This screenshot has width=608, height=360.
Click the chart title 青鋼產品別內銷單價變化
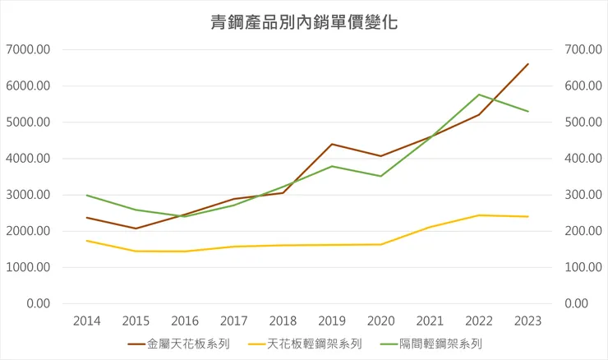pos(304,22)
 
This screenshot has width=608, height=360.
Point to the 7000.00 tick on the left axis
pos(29,49)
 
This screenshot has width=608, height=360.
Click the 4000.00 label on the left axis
pos(29,159)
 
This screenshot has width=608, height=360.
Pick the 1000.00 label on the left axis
pos(29,267)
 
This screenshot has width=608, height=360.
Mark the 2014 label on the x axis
pos(86,321)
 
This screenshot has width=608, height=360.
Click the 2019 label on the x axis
pos(331,321)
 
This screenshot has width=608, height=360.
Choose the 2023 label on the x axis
pos(527,321)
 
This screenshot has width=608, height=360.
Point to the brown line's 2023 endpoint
pos(527,63)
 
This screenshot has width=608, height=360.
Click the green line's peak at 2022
pos(478,95)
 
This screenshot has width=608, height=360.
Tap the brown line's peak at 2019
pos(331,144)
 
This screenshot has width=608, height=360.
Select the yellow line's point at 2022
pos(478,215)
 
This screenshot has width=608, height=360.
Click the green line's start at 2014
pos(86,195)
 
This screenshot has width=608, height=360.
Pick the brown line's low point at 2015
pos(136,228)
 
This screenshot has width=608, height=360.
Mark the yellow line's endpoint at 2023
pos(527,216)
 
